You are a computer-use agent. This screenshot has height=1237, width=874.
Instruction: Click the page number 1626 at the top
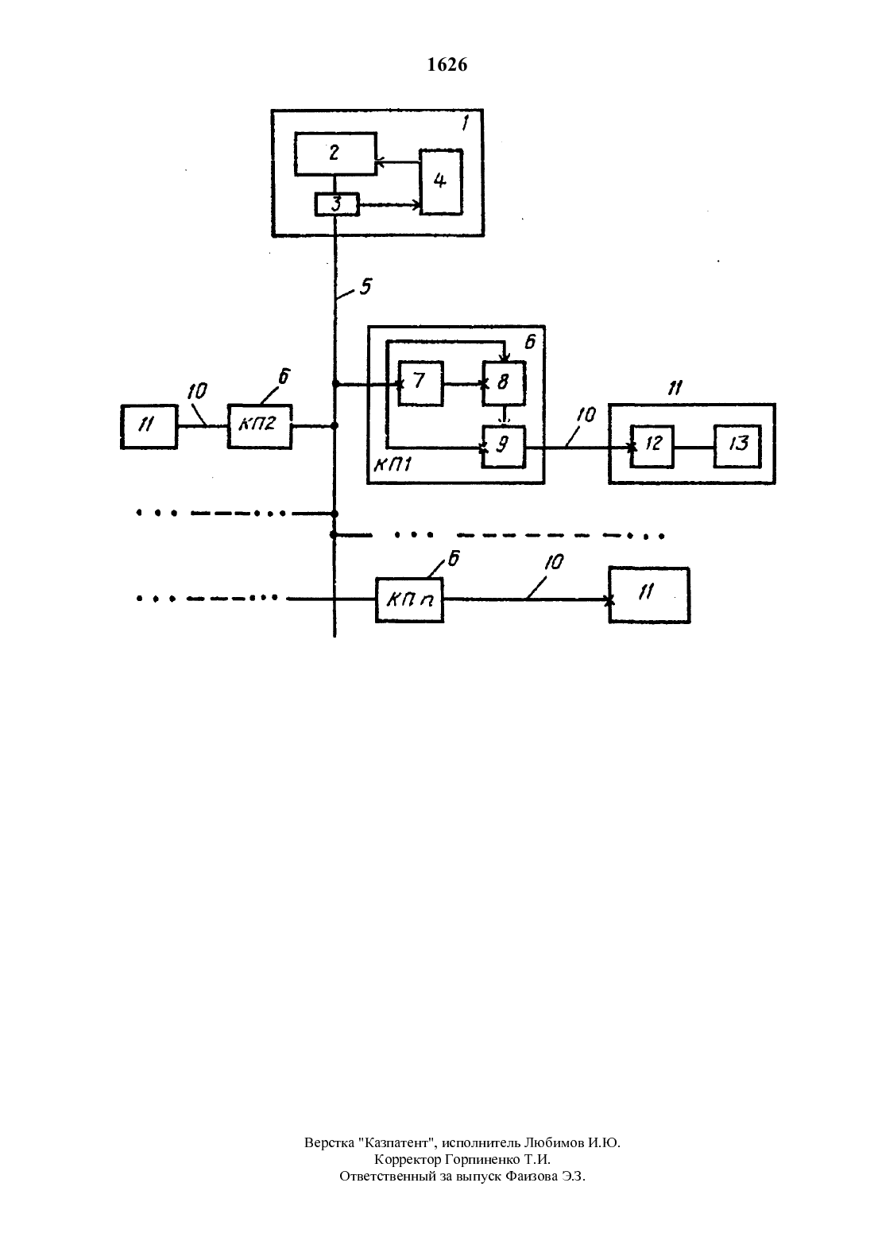(x=447, y=64)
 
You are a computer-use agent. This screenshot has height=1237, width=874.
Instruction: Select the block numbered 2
(x=335, y=153)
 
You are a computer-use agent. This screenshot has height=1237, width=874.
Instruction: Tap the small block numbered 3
(x=337, y=204)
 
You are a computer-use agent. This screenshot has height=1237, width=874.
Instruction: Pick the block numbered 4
(x=441, y=182)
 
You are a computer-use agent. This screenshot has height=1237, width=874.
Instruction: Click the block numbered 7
(x=420, y=383)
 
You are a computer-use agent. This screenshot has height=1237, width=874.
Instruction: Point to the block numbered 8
(x=504, y=383)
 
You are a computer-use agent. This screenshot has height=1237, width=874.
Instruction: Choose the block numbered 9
(x=503, y=447)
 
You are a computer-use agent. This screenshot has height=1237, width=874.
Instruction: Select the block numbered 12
(x=652, y=446)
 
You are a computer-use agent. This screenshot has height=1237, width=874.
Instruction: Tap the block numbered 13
(x=737, y=446)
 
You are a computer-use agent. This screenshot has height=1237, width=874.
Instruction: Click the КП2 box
(x=259, y=426)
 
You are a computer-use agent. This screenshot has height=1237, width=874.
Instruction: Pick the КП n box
(x=409, y=599)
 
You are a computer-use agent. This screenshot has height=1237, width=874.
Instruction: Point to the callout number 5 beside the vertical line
(x=365, y=286)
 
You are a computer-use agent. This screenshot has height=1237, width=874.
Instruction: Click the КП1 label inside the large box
(x=393, y=464)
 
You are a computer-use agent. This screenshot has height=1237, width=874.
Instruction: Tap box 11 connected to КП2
(x=149, y=426)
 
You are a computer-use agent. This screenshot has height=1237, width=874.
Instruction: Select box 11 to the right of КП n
(x=649, y=595)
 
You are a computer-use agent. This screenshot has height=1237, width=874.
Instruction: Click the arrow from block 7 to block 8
(x=463, y=384)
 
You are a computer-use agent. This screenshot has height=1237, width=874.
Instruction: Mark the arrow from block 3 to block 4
(x=389, y=205)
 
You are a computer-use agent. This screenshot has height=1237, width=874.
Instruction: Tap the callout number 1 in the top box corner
(x=465, y=122)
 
